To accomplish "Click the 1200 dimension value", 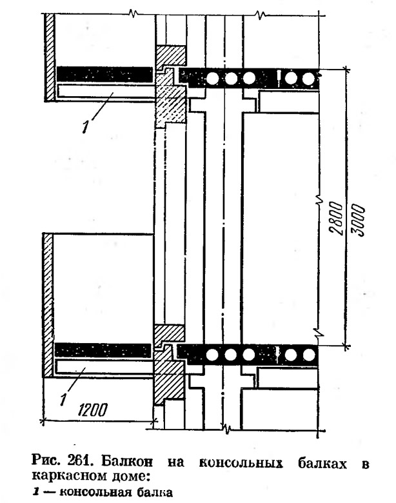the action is coord(92,409).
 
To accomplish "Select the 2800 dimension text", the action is coord(336,218).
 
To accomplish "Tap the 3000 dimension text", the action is coord(359,220).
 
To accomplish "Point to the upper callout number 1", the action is coord(85,127).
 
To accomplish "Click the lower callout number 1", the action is coord(63,399).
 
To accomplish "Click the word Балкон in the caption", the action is coord(127,462).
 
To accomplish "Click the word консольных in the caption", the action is coord(241,463).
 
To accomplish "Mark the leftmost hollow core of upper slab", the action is coord(212,78).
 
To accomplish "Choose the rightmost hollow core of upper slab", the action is coord(308,79).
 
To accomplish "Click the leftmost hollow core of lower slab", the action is coord(212,355).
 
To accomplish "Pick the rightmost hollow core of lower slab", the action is coord(309,355).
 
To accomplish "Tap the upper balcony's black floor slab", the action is coord(104,74).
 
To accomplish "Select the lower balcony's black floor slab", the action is coord(103,350).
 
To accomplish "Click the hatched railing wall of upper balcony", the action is coord(50,57).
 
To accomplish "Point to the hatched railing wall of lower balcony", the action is coord(48,305).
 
